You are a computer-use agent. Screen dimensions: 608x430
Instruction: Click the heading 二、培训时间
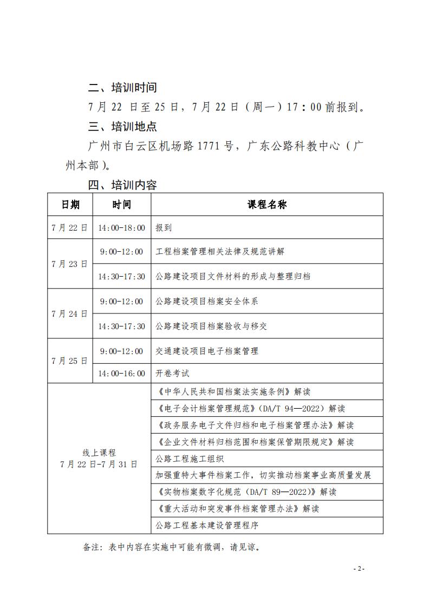point(122,88)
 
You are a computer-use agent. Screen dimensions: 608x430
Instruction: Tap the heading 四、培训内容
point(122,185)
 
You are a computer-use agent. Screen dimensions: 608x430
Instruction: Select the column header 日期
point(70,204)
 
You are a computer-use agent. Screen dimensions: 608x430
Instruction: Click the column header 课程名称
point(267,204)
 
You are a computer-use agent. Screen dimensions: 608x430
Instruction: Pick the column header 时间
point(121,204)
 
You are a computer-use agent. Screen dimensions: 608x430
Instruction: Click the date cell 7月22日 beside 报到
point(70,228)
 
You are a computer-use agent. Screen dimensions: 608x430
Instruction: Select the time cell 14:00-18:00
point(121,228)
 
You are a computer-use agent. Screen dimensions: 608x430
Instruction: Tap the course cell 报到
point(164,228)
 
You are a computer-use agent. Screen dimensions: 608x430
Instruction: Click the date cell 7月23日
point(70,264)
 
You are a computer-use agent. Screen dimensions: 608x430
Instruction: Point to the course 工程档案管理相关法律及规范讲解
point(219,252)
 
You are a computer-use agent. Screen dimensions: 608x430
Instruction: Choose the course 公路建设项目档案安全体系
point(206,301)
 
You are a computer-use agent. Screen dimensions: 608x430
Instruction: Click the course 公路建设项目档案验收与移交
point(211,326)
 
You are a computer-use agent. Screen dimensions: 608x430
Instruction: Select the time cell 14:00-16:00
point(121,374)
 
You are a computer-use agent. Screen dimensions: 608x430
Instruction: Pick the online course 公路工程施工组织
point(189,459)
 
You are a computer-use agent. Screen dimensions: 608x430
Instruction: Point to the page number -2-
point(359,569)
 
